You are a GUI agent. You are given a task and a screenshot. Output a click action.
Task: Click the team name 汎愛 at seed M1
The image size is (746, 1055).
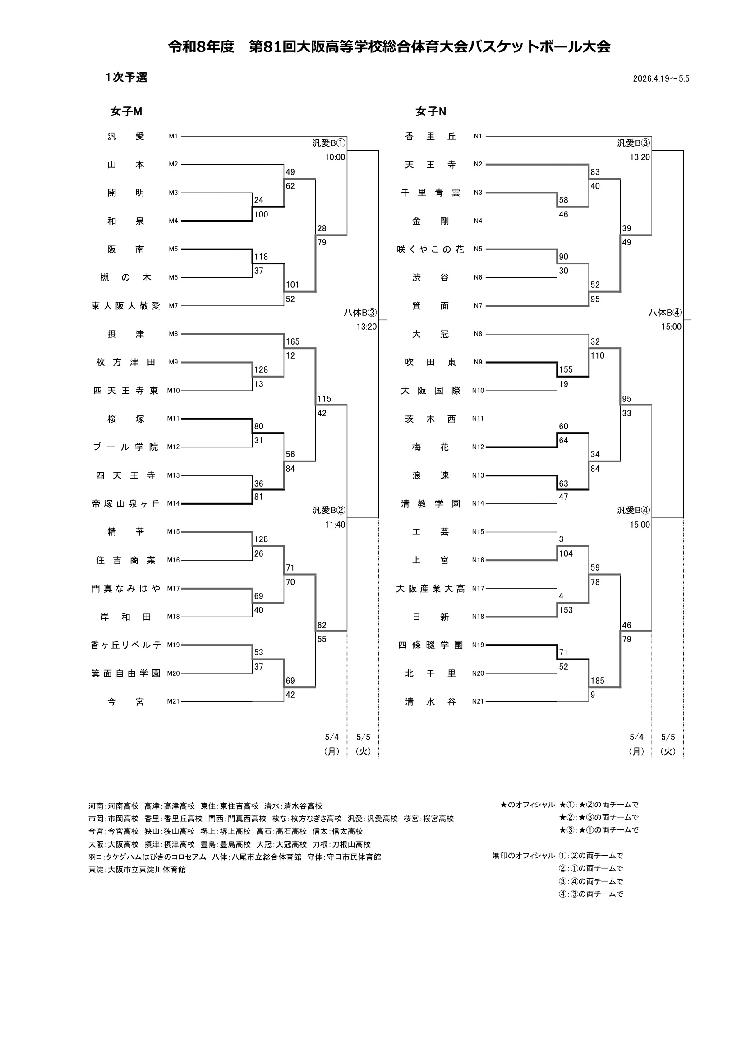(x=126, y=137)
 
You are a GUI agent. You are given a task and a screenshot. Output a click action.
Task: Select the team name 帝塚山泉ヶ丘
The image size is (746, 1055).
(x=126, y=504)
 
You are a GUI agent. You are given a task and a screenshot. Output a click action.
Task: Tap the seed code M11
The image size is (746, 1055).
(x=173, y=419)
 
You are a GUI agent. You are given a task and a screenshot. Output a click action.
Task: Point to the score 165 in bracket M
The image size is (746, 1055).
(x=293, y=341)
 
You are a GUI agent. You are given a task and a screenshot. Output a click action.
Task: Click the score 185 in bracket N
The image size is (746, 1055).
(x=598, y=681)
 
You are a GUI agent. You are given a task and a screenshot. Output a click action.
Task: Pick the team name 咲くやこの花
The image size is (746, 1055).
(x=430, y=249)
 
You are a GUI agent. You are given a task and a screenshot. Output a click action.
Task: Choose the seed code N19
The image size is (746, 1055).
(x=478, y=645)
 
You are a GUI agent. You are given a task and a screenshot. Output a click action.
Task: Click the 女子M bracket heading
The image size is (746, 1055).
(x=126, y=112)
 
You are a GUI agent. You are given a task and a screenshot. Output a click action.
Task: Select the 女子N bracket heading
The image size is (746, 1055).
(x=430, y=112)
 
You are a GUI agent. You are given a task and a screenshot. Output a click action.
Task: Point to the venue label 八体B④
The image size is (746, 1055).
(x=665, y=313)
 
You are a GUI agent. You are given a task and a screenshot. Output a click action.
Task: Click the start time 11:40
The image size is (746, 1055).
(x=335, y=525)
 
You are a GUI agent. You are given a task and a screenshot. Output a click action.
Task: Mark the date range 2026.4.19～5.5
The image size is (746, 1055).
(x=661, y=78)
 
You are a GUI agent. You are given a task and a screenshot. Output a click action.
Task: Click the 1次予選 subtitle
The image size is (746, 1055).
(x=126, y=77)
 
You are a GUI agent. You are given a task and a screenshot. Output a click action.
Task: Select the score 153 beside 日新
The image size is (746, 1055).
(x=566, y=610)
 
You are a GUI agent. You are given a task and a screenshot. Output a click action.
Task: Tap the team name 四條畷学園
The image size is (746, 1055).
(x=430, y=645)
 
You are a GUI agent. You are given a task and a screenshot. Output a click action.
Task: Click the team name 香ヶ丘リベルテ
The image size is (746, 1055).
(x=126, y=645)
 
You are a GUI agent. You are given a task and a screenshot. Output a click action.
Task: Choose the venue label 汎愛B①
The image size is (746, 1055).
(x=329, y=143)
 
